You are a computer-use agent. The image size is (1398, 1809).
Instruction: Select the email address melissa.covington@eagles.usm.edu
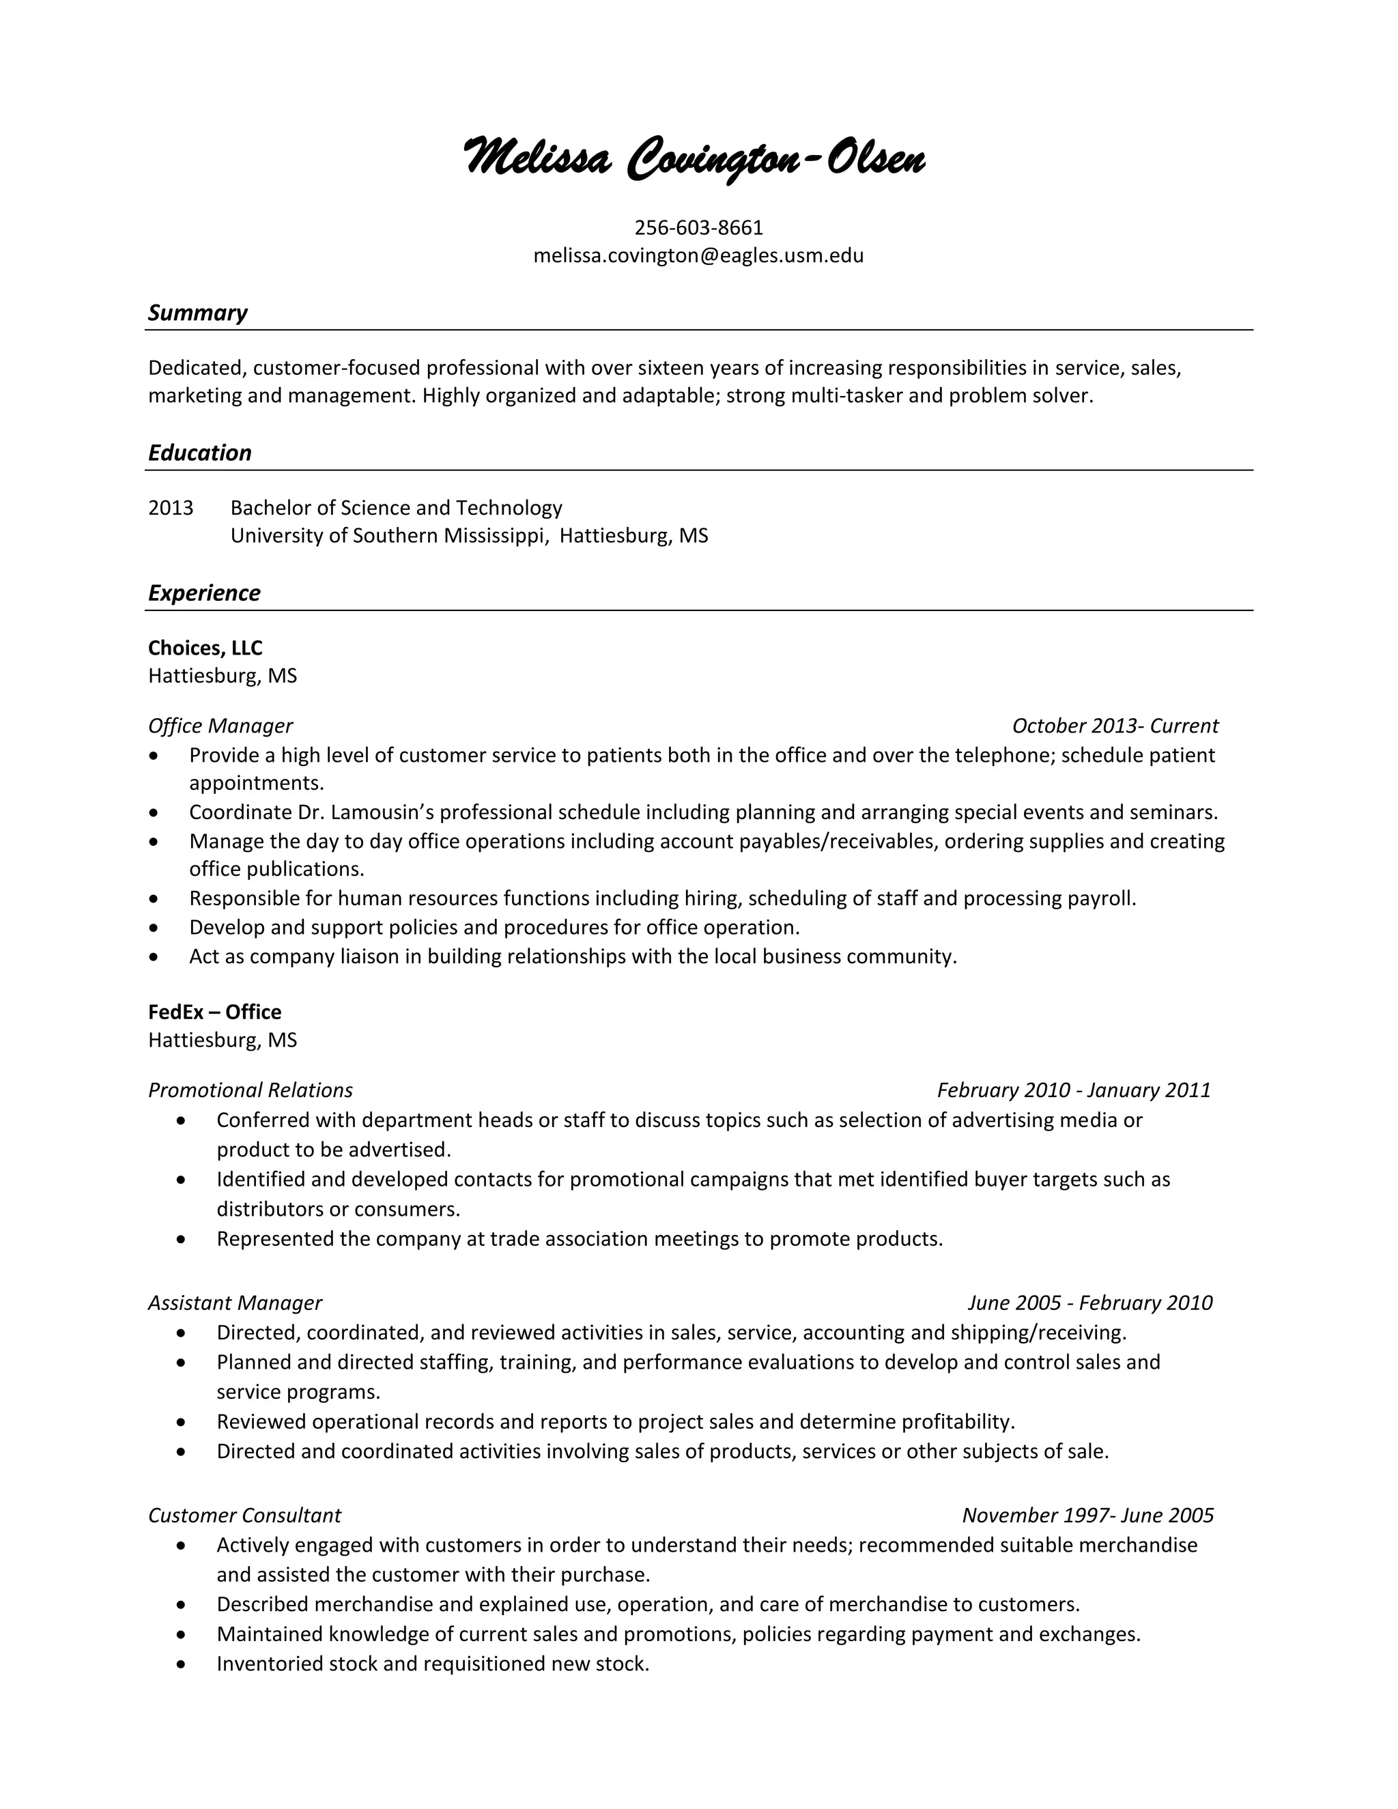pos(698,255)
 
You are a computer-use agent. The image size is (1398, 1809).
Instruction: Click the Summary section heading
pos(197,313)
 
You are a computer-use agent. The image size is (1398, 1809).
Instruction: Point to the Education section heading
pos(199,453)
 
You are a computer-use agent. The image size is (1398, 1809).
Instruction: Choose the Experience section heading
pos(203,593)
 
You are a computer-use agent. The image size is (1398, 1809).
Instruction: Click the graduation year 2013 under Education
pos(171,508)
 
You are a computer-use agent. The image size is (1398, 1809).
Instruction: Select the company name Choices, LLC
pos(205,648)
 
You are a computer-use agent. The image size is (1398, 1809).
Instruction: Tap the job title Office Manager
pos(220,726)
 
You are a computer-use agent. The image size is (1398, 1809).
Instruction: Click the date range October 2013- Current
pos(1115,726)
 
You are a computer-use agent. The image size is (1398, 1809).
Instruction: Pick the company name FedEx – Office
pos(214,1012)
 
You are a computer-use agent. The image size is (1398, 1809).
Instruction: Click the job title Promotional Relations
pos(250,1090)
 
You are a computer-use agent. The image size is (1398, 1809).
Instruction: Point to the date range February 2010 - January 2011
pos(1073,1090)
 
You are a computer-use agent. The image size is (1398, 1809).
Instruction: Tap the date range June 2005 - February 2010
pos(1090,1303)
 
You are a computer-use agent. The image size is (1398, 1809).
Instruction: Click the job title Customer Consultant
pos(244,1515)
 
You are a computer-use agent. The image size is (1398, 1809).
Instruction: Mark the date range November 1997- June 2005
pos(1087,1515)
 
